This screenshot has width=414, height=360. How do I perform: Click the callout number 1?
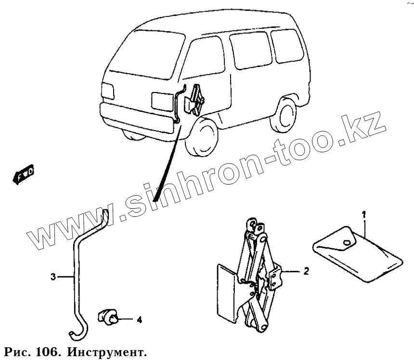click(x=364, y=213)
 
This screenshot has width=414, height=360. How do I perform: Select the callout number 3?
click(x=53, y=277)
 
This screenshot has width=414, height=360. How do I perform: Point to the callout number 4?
click(x=139, y=320)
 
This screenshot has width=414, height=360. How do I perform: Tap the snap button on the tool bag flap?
click(x=347, y=243)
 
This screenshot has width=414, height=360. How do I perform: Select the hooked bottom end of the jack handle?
click(x=75, y=333)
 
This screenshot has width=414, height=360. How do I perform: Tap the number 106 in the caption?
click(x=47, y=349)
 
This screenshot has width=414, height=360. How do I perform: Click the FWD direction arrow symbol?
click(x=22, y=173)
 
